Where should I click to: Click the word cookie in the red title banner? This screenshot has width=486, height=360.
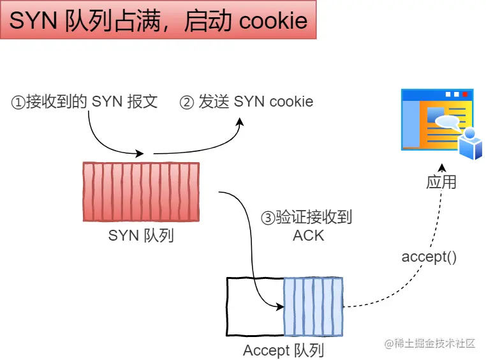click(x=274, y=21)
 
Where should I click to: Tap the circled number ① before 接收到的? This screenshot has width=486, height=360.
click(x=18, y=103)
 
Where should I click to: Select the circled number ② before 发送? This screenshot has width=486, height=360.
click(x=187, y=103)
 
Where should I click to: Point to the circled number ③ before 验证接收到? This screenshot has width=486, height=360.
click(x=268, y=218)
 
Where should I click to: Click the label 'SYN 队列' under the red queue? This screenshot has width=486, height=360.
click(x=141, y=236)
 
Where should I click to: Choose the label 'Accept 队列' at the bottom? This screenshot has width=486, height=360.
click(x=283, y=350)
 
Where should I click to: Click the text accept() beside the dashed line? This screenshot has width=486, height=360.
click(x=429, y=257)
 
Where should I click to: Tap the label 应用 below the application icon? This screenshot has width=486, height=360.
click(x=441, y=182)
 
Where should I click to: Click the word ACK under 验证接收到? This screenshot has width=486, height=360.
click(x=309, y=236)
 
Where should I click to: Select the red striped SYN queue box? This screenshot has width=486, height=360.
click(x=141, y=191)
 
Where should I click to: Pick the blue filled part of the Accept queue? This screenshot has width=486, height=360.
click(x=313, y=306)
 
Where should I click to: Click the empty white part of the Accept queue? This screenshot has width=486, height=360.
click(x=255, y=306)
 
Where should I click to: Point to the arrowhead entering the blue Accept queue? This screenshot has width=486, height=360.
click(x=280, y=307)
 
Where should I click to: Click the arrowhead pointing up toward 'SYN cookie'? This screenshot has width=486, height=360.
click(x=240, y=121)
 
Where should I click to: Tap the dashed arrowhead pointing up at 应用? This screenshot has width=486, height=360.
click(x=442, y=168)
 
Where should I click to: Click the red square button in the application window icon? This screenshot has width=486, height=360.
click(x=464, y=94)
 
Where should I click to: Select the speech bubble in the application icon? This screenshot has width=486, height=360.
click(x=447, y=123)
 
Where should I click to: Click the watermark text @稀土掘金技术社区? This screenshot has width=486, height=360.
click(x=430, y=343)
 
